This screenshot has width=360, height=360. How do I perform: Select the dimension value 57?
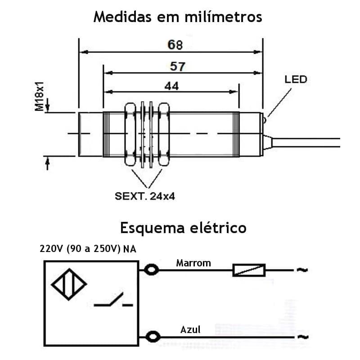coord(178,67)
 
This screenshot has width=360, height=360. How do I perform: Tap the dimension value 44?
coord(171,85)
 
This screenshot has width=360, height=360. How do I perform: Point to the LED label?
coord(296,80)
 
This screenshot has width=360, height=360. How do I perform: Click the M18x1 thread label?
coord(40,96)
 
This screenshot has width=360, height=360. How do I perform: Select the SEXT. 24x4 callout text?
coord(144,197)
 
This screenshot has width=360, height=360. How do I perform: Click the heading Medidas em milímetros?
coord(177,17)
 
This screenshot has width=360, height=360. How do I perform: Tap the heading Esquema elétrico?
coord(183,228)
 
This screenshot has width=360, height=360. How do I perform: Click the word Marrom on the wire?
coord(193,263)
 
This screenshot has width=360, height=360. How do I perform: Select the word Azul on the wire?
coord(190,330)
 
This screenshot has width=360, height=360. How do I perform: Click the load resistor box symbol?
coord(249,270)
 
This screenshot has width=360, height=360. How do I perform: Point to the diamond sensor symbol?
coord(69,285)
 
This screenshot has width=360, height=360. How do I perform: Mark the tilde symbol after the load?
coord(301,270)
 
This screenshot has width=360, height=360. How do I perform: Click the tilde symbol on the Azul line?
coord(301,337)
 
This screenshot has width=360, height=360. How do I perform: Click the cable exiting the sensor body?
coord(306,143)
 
